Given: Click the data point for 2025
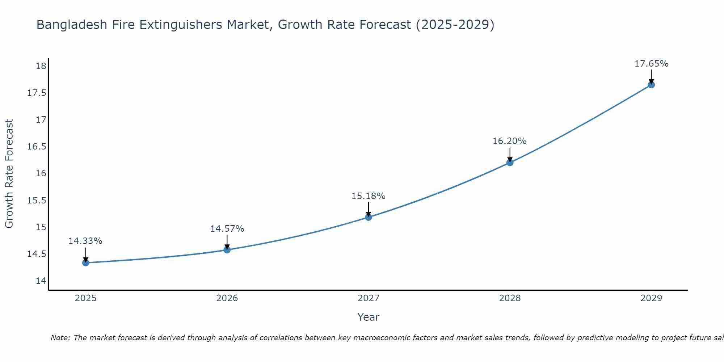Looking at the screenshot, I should (x=86, y=263).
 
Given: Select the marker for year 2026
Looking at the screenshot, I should (x=227, y=250).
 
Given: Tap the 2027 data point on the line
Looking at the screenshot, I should (x=369, y=217).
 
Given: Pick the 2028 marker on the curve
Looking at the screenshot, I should (x=510, y=163).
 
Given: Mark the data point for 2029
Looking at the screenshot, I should (x=651, y=85).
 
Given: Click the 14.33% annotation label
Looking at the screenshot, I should (x=85, y=241).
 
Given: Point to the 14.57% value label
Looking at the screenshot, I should (x=227, y=229).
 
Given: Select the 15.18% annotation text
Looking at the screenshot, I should (x=368, y=196).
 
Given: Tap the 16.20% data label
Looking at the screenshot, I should (x=509, y=141).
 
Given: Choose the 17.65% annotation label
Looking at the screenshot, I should (x=651, y=64).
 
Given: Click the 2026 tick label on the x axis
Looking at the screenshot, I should (x=227, y=298).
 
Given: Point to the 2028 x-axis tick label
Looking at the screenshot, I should (x=510, y=298).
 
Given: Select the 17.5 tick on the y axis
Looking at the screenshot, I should (x=37, y=93).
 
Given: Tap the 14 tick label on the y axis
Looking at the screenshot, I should (x=41, y=281).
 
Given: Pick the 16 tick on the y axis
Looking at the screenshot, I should (x=41, y=173).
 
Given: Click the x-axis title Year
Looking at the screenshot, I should (x=368, y=317).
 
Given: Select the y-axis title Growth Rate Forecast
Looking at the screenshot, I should (x=9, y=174).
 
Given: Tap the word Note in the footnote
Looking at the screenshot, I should (x=60, y=338).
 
